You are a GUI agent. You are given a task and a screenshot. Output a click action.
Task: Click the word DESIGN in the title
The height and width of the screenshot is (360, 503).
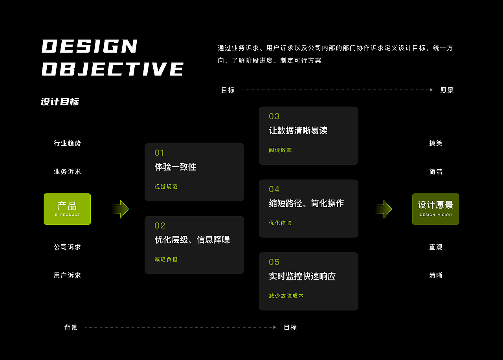89,46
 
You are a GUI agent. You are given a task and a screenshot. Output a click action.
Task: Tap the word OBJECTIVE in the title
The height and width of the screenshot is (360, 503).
112,69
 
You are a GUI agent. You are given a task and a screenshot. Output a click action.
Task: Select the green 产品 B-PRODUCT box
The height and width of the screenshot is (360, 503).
67,209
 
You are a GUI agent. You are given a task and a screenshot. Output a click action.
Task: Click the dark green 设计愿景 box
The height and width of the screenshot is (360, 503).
436,209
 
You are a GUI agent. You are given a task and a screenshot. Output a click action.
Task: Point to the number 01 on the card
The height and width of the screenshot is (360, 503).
159,153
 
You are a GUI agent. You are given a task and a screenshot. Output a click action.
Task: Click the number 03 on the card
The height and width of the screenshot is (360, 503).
274,116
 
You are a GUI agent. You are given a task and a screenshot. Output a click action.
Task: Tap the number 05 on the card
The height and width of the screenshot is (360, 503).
274,262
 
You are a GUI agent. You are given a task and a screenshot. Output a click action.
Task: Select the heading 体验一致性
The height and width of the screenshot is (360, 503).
175,167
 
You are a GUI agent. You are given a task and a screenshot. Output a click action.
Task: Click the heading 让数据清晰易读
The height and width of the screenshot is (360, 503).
298,130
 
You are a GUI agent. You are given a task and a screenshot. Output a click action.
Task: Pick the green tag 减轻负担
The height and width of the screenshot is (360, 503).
166,259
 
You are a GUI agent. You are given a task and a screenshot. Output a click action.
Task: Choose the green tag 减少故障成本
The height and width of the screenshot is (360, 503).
286,296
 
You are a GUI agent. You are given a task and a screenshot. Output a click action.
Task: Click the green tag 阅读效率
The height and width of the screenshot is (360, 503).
280,150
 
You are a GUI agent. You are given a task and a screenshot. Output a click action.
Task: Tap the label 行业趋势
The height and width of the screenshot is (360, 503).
67,143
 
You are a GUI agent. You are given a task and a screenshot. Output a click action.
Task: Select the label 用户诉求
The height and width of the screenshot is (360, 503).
67,275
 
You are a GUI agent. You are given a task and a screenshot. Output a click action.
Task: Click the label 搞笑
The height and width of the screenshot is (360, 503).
436,143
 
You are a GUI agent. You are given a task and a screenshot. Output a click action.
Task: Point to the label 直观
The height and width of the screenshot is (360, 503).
436,247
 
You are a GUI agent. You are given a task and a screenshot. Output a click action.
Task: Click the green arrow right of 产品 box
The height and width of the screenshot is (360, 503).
121,209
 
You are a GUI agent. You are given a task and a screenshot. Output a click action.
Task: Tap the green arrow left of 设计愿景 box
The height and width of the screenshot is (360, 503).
384,209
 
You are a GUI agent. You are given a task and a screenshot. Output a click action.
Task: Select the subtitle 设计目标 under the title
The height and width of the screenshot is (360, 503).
60,102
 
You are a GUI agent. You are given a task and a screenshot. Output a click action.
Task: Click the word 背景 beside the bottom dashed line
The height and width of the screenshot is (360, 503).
71,327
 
